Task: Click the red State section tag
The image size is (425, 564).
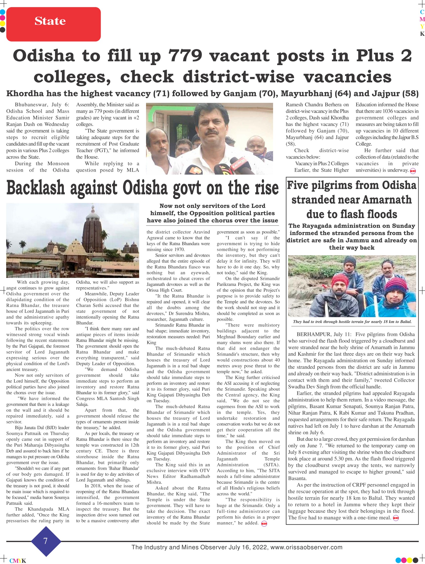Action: click(x=53, y=24)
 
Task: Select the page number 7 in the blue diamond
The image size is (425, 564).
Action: click(x=46, y=541)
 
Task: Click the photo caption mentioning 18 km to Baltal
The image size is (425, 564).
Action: click(x=352, y=322)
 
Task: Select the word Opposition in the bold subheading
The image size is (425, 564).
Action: click(x=203, y=213)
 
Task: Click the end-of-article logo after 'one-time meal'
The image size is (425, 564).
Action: click(x=396, y=518)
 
